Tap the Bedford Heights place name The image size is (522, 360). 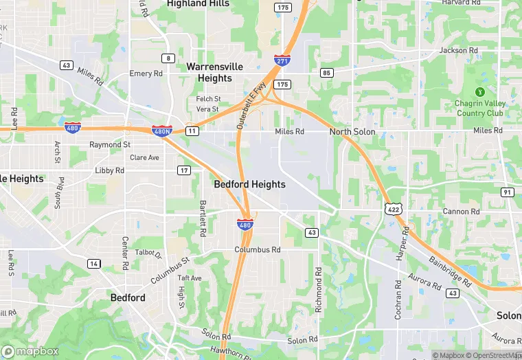249,184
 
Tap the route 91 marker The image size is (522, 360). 507,192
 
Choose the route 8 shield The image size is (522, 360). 168,58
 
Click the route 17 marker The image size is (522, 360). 183,170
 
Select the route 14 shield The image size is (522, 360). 93,263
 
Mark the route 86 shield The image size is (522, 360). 326,72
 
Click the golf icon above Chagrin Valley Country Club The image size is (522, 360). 480,92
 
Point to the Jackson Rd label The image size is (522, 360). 458,50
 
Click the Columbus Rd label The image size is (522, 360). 258,250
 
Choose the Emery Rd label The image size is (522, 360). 146,74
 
